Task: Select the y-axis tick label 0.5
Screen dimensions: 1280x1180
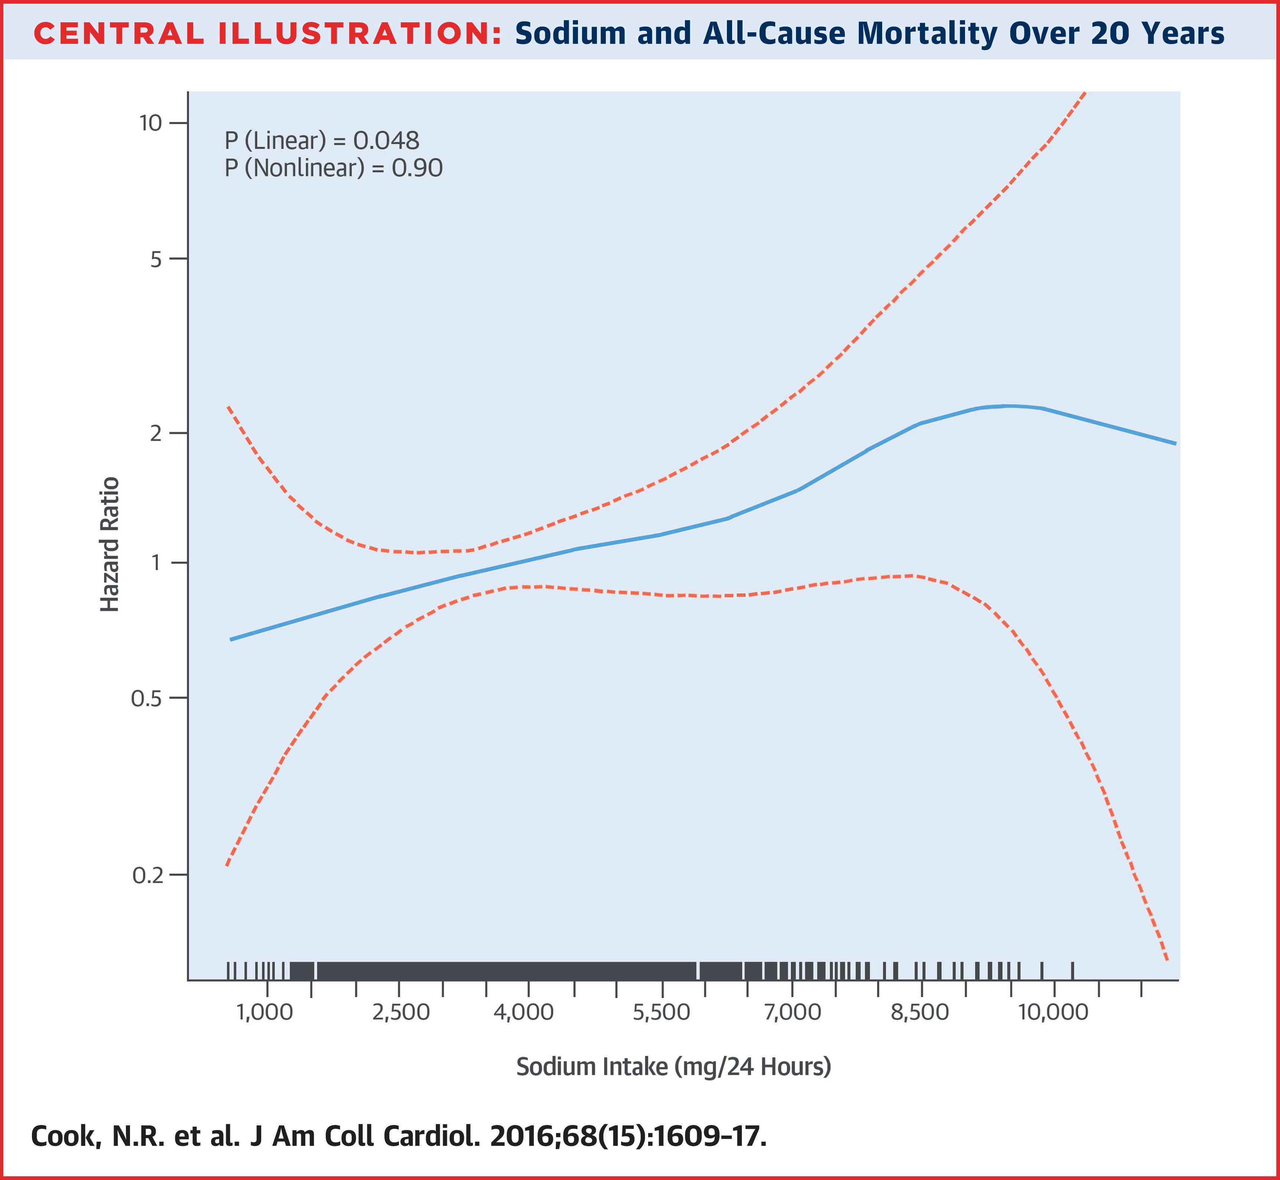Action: (147, 699)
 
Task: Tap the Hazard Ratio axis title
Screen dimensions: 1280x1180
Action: (110, 544)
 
